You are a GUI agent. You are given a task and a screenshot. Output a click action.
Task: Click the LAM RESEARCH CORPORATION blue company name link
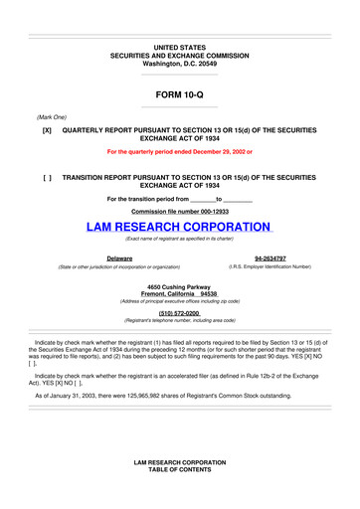[x=180, y=229]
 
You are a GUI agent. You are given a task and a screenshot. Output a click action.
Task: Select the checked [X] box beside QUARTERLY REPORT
[x=47, y=130]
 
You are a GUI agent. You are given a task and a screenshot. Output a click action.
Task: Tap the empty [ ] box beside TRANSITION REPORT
[x=47, y=176]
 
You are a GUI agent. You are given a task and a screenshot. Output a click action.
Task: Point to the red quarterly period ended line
[x=180, y=152]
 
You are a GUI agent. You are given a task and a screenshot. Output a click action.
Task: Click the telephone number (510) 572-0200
[x=180, y=312]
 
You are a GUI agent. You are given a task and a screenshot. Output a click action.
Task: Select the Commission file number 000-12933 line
[x=180, y=212]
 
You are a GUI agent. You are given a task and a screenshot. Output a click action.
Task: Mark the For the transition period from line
[x=180, y=198]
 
